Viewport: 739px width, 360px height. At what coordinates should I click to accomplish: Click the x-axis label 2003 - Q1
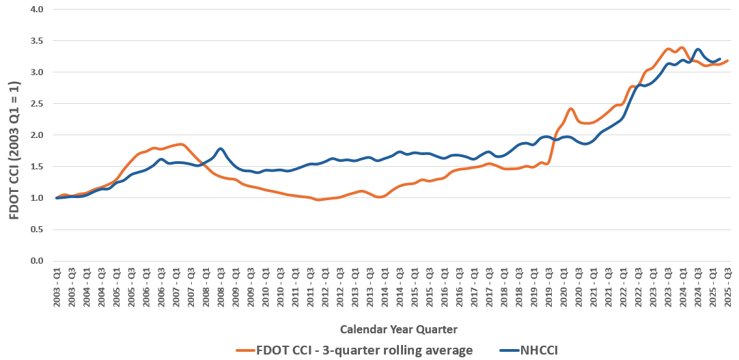57,287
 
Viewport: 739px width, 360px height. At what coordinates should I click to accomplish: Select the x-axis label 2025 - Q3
728,287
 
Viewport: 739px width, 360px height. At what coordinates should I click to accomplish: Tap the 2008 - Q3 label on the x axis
221,287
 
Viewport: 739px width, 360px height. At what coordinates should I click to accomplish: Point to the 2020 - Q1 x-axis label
564,287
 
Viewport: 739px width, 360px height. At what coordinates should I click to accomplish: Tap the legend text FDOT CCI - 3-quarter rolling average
365,350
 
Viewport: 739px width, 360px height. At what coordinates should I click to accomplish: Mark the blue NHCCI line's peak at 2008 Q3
221,148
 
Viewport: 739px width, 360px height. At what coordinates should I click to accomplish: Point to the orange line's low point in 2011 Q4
318,199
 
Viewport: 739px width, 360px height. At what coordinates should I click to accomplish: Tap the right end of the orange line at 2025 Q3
728,61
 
